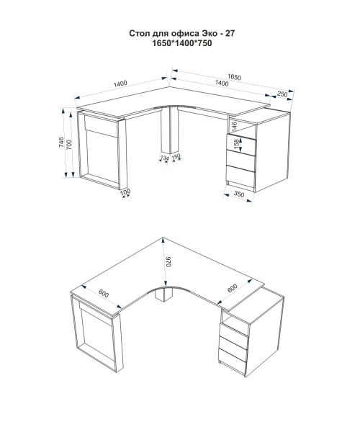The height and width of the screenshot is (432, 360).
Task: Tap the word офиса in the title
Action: click(185, 34)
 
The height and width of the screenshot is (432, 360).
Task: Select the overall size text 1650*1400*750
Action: click(182, 43)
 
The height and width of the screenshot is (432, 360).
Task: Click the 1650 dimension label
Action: click(234, 77)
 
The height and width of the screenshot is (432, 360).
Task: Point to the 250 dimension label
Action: click(282, 94)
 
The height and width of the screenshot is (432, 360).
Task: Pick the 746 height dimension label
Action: click(61, 142)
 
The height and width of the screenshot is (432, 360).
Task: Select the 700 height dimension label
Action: click(69, 145)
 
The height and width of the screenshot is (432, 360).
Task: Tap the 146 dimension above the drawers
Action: click(234, 126)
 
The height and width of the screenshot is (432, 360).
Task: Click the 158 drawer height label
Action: click(236, 145)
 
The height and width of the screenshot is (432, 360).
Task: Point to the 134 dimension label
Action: click(164, 158)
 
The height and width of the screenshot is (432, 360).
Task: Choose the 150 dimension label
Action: click(176, 156)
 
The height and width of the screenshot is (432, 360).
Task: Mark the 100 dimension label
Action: click(125, 192)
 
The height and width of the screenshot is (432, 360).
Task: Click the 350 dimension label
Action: click(239, 194)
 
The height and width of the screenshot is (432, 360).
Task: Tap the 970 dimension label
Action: click(168, 262)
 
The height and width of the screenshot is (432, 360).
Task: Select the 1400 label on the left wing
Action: click(120, 84)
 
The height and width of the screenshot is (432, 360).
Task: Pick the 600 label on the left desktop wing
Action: click(104, 294)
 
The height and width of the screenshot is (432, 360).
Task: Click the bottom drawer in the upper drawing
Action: click(240, 176)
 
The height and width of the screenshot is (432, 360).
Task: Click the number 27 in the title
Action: click(230, 33)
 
